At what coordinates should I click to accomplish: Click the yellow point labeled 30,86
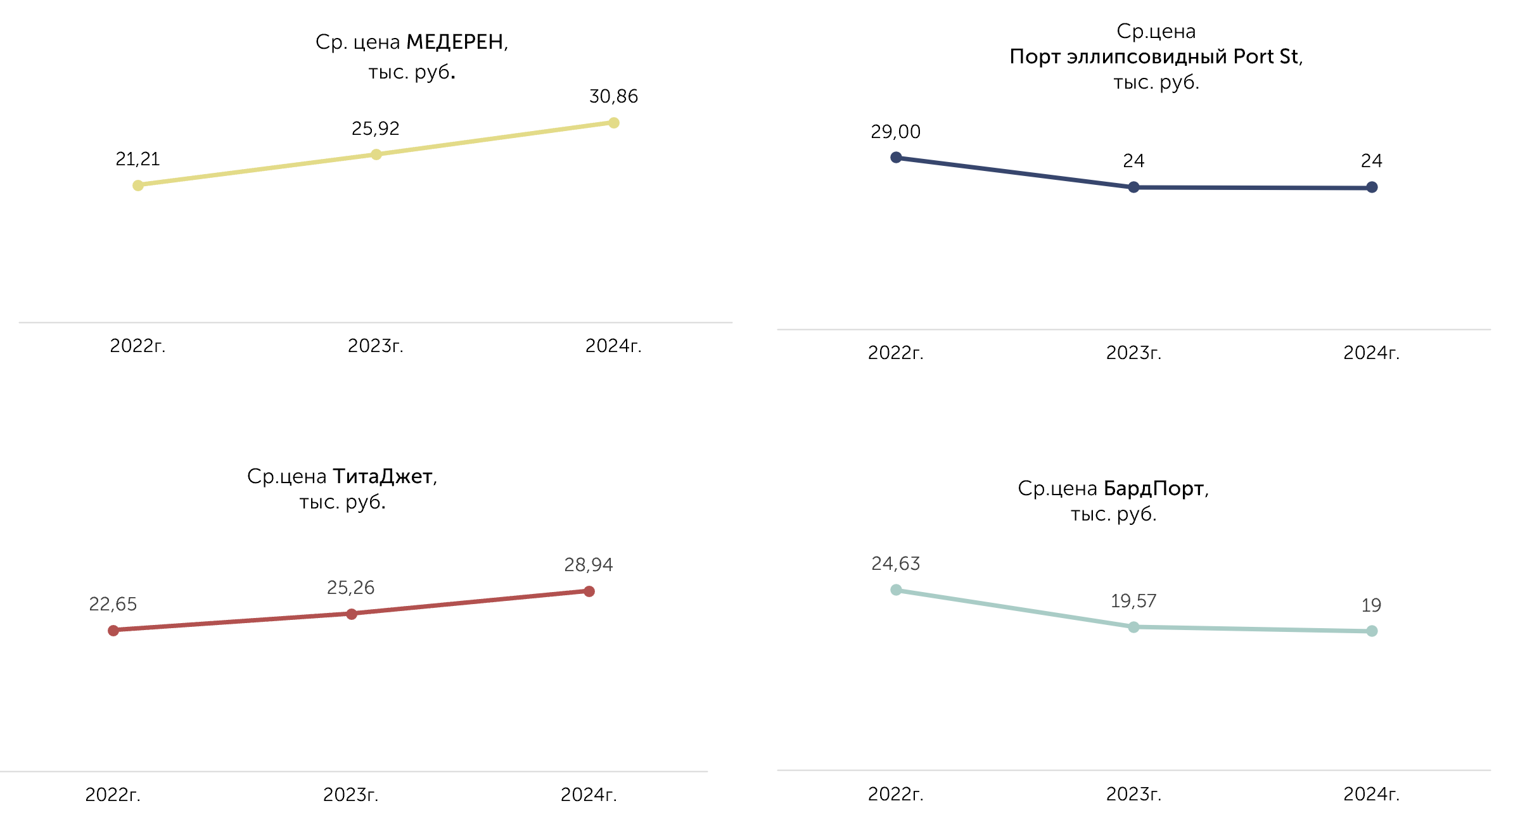(613, 123)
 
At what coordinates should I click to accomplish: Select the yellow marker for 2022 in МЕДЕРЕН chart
(138, 186)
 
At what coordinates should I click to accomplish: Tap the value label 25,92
(376, 129)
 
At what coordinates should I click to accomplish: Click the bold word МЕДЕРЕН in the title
(455, 42)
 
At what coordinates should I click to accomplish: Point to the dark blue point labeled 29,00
(896, 158)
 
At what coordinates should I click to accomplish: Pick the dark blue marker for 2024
(1372, 187)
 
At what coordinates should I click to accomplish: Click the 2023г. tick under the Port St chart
(1133, 353)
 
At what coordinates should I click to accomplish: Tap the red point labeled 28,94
(589, 591)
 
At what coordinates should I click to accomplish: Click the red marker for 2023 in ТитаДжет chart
(352, 614)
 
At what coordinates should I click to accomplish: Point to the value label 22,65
(113, 604)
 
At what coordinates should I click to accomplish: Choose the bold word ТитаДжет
(383, 476)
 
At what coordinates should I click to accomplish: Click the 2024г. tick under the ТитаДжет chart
(589, 795)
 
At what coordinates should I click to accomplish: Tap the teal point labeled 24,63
(896, 590)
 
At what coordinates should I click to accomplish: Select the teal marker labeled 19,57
(1133, 628)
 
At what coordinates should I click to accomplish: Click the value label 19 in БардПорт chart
(1372, 605)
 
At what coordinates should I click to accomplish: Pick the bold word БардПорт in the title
(1154, 488)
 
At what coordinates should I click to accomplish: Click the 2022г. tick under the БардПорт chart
(896, 794)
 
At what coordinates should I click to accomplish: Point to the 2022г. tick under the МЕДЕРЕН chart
(137, 346)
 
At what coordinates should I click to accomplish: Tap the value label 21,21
(137, 159)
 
